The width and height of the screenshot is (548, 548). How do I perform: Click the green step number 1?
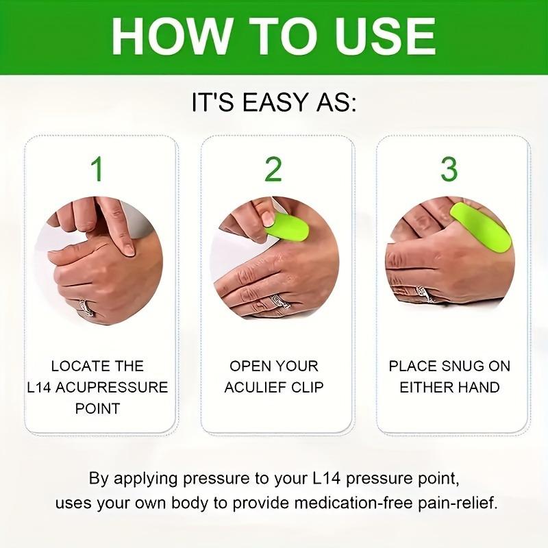click(x=98, y=169)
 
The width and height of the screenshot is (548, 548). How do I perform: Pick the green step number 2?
click(x=273, y=169)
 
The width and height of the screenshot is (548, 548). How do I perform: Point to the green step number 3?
click(x=449, y=169)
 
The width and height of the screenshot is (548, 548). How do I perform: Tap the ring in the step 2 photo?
click(x=280, y=302)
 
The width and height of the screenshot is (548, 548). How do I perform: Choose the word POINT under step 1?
click(x=97, y=408)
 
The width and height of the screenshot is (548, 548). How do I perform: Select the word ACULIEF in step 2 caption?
click(x=253, y=387)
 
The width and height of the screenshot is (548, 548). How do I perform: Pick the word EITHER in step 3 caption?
click(x=427, y=387)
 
